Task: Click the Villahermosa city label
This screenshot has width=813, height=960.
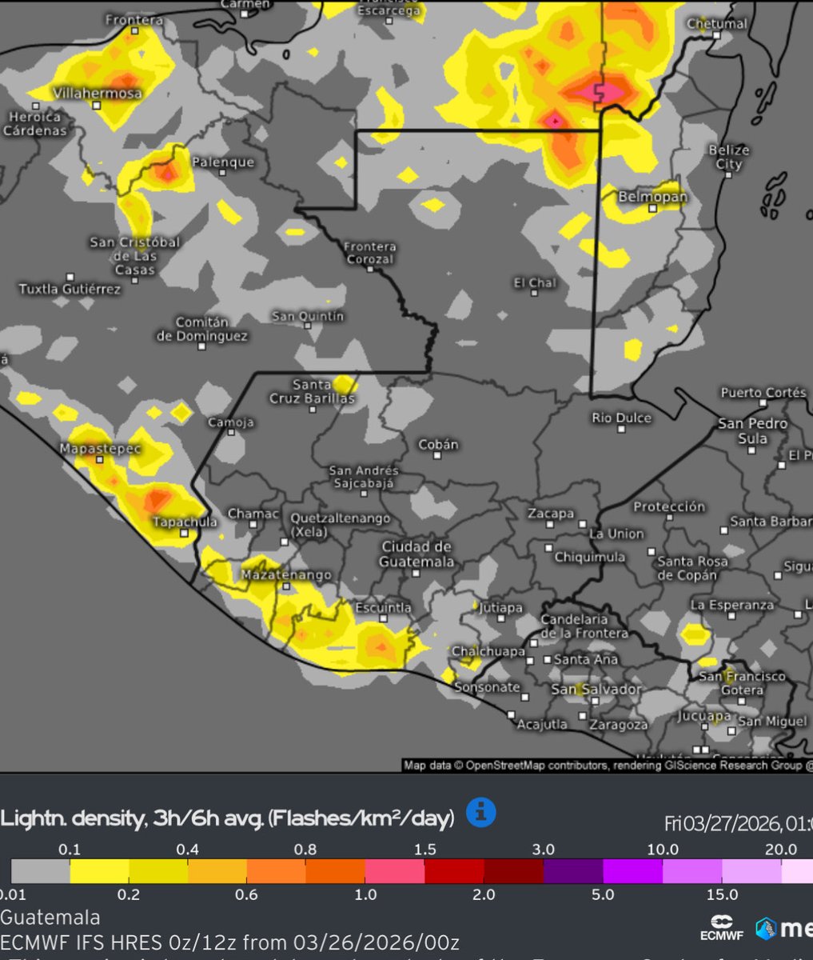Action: coord(98,94)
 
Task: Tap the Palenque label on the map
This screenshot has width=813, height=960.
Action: coord(223,162)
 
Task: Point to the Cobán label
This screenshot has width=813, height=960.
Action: coord(439,445)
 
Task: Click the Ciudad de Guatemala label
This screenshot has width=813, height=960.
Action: coord(416,554)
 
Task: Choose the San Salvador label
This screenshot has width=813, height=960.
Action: coord(596,689)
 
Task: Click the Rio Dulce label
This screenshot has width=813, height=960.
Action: coord(621,418)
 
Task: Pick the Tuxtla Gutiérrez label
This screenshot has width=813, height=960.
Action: coord(70,288)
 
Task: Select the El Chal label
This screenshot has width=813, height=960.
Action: coord(535,283)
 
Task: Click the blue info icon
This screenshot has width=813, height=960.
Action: coord(480,813)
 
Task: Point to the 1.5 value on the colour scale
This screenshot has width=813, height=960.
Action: coord(425,850)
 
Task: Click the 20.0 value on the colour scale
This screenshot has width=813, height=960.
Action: coord(780,850)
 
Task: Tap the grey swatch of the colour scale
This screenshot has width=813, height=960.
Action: coord(40,871)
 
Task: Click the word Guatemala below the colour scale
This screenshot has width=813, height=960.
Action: coord(50,917)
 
